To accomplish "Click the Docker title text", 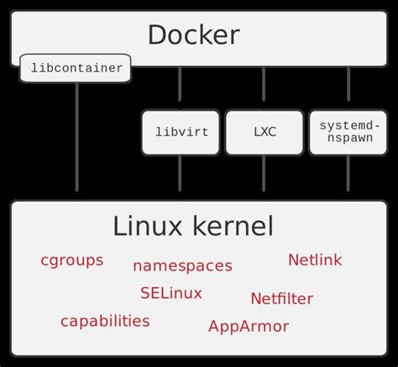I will click(193, 35).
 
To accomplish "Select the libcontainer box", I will click(76, 68).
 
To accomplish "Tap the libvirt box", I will click(180, 132).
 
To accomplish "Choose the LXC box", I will click(264, 132).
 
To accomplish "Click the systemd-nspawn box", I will click(348, 132).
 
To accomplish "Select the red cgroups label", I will click(71, 260).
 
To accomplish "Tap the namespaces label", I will click(182, 265).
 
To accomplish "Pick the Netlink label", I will click(315, 260).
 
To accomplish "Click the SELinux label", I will click(171, 293).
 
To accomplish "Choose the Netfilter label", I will click(281, 298).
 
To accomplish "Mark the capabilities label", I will click(105, 321).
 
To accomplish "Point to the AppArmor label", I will click(248, 326).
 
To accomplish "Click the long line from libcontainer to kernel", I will click(77, 139).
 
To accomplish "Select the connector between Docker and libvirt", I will click(180, 87).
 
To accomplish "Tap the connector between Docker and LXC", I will click(264, 87).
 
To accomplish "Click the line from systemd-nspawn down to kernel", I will click(348, 176).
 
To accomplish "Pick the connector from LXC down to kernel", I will click(264, 176).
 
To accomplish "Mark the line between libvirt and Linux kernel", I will click(180, 176).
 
